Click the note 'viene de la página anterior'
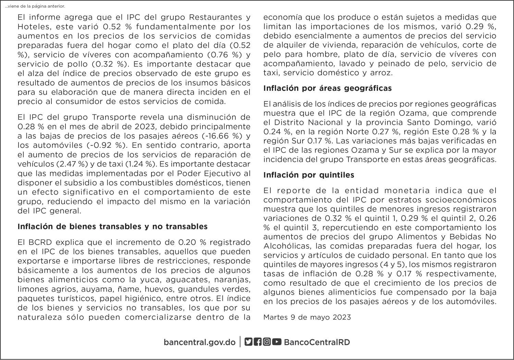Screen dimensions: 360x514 (35, 6)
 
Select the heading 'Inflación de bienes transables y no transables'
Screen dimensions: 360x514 (112, 227)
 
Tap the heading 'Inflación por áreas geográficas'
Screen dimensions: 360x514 (327, 88)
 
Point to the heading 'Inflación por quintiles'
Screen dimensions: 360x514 (309, 175)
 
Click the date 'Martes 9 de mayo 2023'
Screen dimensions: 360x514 (307, 317)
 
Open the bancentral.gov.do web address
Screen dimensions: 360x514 (199, 342)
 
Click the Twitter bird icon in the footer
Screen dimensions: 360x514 (248, 342)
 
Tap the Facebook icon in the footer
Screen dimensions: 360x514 (258, 342)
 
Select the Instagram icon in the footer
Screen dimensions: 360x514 (267, 342)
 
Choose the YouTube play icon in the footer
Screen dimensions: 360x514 (277, 342)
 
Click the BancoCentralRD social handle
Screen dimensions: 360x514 (317, 342)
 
